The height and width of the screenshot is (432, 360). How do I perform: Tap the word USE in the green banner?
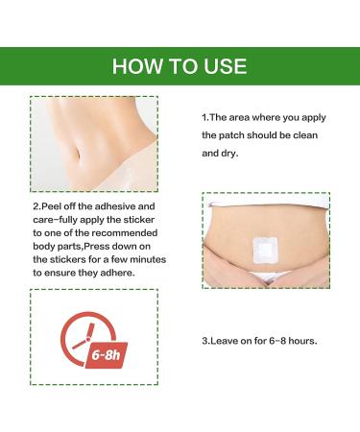pyautogui.click(x=225, y=66)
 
